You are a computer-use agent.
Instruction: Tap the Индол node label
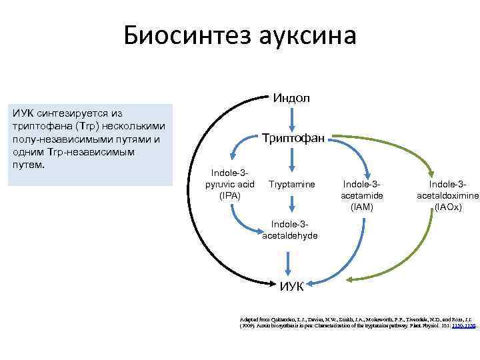[291, 98]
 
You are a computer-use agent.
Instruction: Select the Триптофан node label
[293, 138]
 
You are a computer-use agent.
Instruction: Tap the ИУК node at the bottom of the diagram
[291, 286]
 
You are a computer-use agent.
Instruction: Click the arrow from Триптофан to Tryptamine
[291, 160]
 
